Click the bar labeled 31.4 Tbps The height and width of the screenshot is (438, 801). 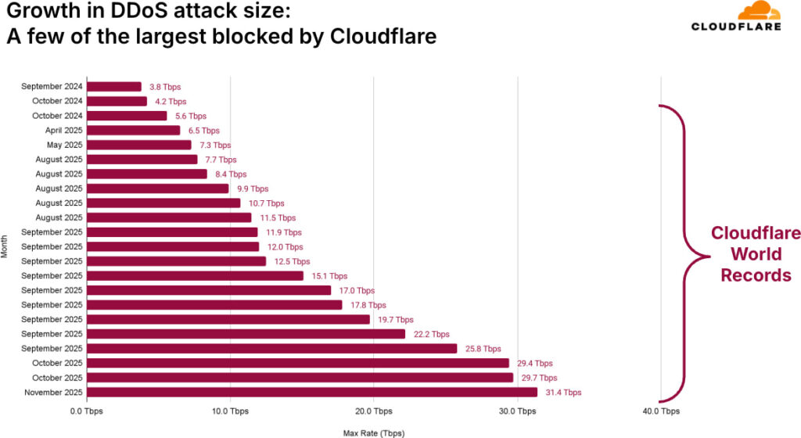click(x=312, y=392)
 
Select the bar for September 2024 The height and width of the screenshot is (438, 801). click(x=114, y=87)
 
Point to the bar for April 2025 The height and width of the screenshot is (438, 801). click(x=133, y=131)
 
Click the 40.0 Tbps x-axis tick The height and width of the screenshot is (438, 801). click(x=661, y=411)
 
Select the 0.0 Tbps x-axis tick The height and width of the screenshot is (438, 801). click(x=86, y=411)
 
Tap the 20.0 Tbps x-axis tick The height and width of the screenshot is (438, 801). click(x=374, y=411)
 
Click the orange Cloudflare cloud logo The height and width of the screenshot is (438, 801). click(x=758, y=11)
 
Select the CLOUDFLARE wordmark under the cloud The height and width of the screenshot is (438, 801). click(x=735, y=27)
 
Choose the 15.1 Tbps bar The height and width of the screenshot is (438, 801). click(x=195, y=275)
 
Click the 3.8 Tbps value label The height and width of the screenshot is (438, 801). click(x=165, y=87)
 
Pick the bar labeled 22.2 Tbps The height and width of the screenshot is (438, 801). click(x=246, y=334)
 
